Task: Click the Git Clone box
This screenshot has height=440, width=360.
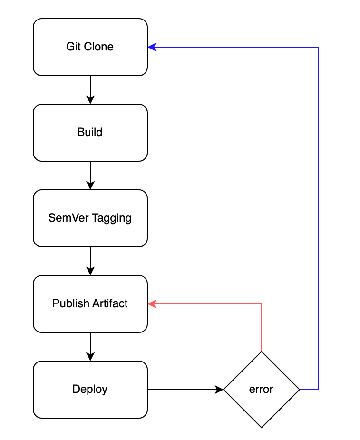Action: (90, 47)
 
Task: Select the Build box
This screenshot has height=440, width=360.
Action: (90, 133)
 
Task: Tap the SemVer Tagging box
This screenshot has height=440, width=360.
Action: (90, 218)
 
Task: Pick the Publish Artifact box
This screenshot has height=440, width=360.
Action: (90, 304)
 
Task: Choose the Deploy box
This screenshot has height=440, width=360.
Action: (90, 390)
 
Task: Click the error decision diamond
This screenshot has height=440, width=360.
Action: (262, 390)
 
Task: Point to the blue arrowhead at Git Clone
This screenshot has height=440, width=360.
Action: (152, 47)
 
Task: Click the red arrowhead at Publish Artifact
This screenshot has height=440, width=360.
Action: (152, 304)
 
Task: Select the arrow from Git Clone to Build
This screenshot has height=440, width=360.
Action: (90, 90)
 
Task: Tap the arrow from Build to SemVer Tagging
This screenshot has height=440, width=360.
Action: (90, 176)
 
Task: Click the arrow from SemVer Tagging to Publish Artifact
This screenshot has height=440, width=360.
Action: (90, 261)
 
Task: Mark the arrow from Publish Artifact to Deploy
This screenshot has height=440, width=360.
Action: (90, 347)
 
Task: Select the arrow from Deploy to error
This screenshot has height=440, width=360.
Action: (185, 390)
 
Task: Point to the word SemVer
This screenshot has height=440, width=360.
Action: (68, 218)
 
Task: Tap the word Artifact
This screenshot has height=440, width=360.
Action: (110, 303)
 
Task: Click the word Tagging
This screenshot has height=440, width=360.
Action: (112, 218)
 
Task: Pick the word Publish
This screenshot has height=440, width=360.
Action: (71, 303)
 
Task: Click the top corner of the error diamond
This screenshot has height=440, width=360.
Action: (262, 352)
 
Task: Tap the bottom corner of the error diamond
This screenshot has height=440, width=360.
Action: (262, 428)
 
